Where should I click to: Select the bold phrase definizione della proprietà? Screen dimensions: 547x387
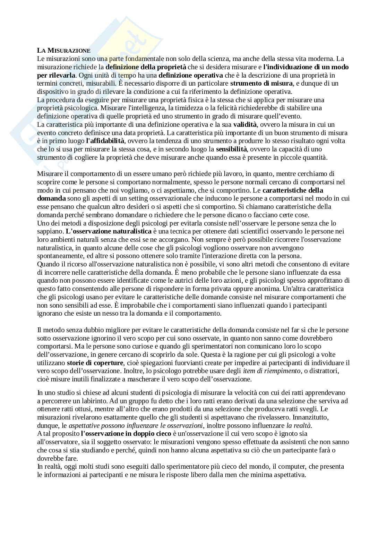coord(146,67)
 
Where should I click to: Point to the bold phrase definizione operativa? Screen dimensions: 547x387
coord(191,75)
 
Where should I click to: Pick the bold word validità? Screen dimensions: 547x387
coord(245,125)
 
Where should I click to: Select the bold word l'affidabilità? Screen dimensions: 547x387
coord(105,141)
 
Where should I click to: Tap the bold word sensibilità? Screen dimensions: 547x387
coord(231,149)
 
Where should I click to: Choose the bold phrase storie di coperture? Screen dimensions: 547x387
coord(95,363)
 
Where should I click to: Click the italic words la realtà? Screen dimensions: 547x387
coord(299,426)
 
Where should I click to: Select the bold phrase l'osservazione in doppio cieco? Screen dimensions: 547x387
coord(126,434)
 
